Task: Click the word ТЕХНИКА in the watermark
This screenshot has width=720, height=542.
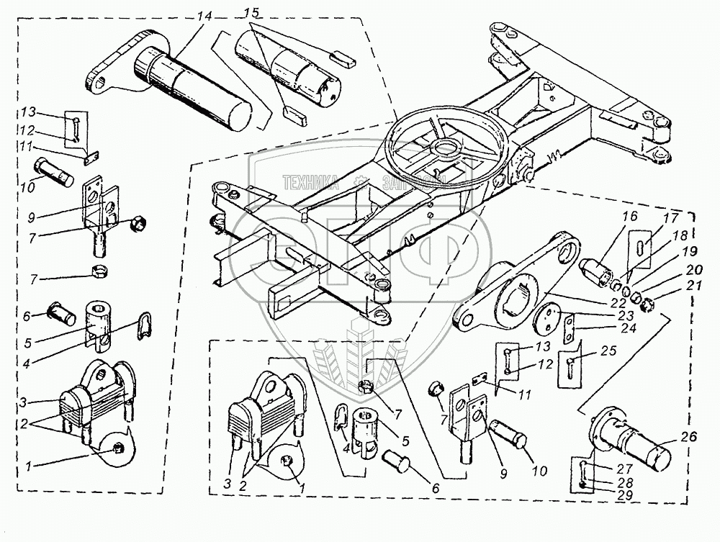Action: [311, 182]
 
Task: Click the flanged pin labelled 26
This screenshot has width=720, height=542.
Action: [630, 439]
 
